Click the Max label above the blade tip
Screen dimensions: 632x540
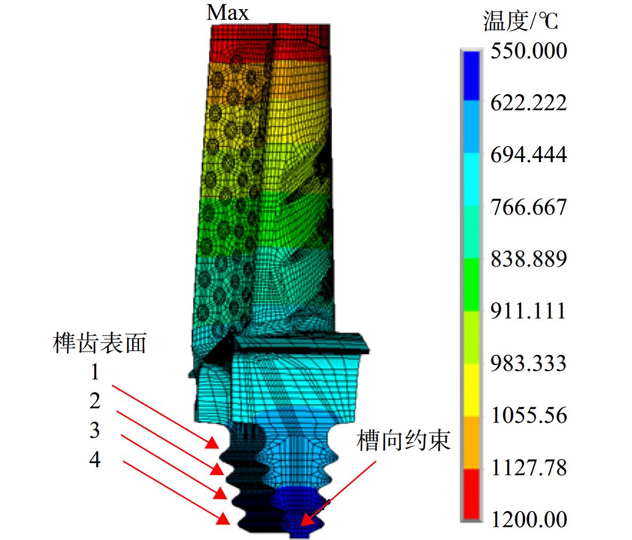[228, 12]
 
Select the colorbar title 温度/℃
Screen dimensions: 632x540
[520, 20]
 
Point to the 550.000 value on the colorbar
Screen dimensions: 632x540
[528, 51]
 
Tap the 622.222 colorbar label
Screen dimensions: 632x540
[528, 103]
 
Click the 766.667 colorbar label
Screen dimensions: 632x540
[528, 207]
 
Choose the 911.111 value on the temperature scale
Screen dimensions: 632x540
[528, 311]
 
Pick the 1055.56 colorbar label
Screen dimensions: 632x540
[528, 415]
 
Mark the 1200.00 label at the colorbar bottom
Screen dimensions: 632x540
[528, 520]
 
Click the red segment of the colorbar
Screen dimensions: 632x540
[471, 493]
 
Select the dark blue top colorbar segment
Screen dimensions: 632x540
[471, 75]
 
